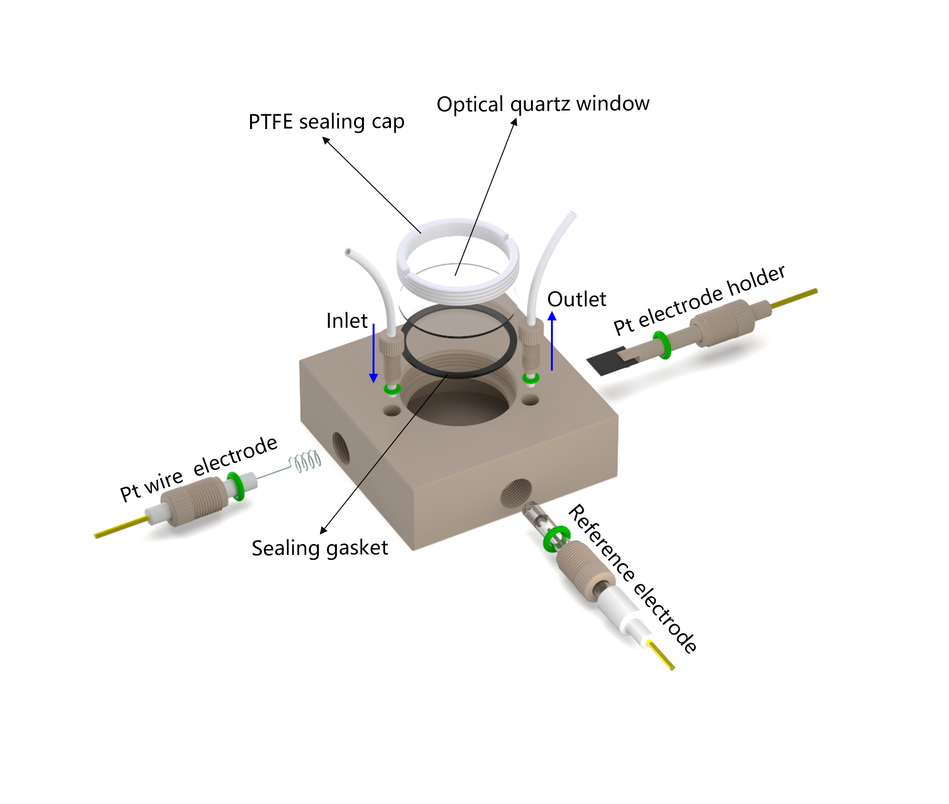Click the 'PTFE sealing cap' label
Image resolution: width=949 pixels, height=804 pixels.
(326, 122)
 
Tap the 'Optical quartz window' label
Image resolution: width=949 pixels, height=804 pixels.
(543, 103)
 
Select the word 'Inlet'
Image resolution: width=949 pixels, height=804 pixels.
(347, 321)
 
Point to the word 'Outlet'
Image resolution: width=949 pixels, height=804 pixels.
(577, 299)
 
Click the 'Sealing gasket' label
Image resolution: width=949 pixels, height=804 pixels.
(320, 548)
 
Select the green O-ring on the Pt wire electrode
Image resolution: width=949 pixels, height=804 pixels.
(236, 486)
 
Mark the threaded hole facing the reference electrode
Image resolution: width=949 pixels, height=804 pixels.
(516, 493)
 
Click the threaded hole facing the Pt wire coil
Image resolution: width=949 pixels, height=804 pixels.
(341, 448)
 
